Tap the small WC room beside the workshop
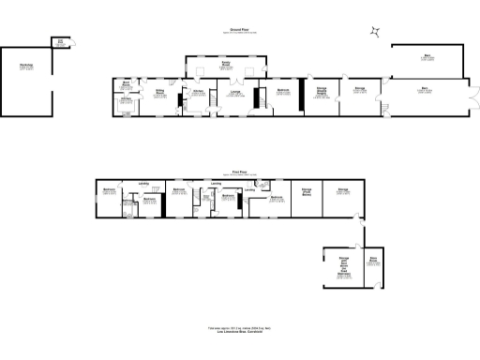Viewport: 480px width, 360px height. click(x=60, y=40)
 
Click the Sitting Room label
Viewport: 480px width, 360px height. click(x=160, y=93)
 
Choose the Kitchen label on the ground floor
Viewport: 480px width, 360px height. click(x=198, y=92)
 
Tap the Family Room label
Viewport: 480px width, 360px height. click(x=225, y=67)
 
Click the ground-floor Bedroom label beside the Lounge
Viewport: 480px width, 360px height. click(x=282, y=92)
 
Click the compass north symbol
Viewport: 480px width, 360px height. click(x=375, y=33)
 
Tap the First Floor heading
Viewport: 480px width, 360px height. click(x=241, y=172)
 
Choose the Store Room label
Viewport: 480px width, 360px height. click(x=372, y=262)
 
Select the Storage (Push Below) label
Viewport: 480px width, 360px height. click(x=306, y=193)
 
